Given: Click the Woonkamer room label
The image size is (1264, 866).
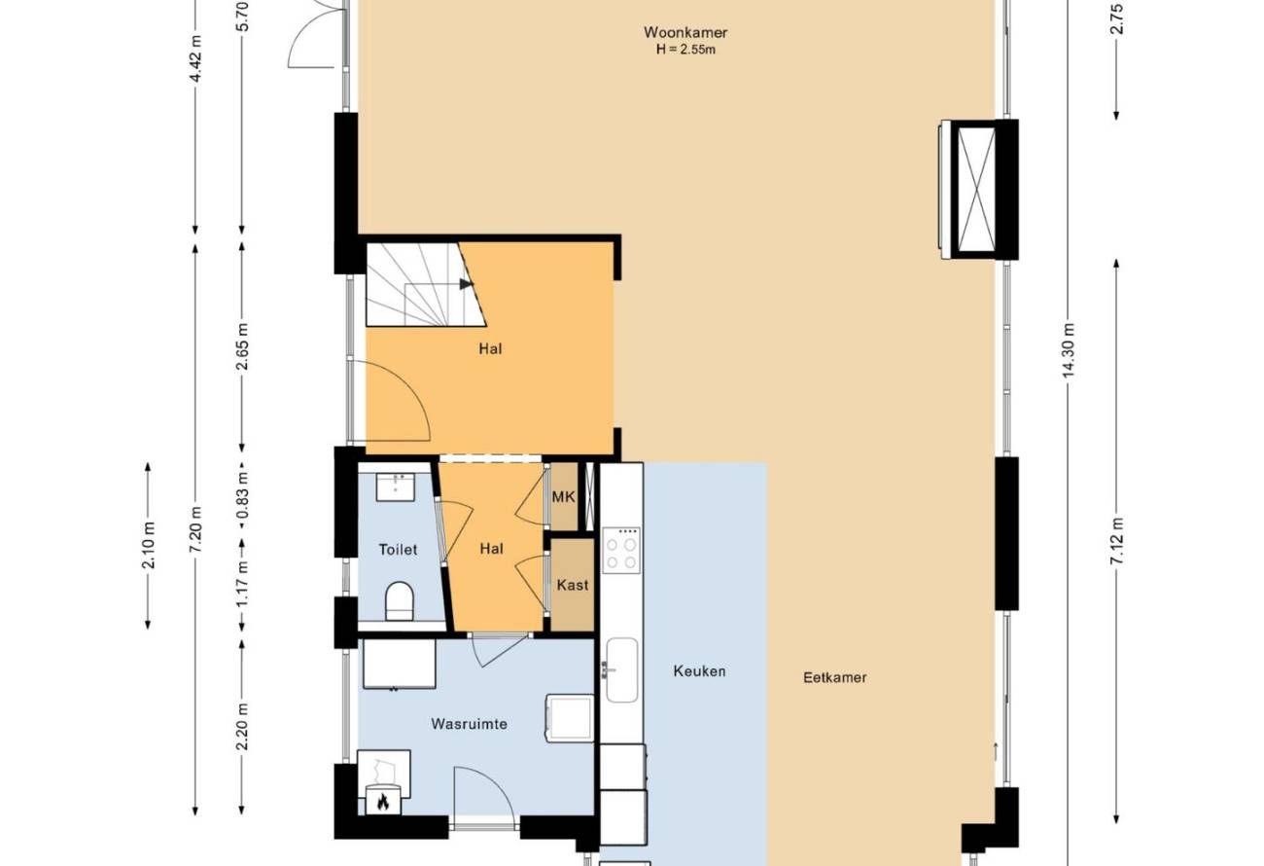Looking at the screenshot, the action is tap(685, 32).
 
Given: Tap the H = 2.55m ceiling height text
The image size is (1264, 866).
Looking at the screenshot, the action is tap(685, 50).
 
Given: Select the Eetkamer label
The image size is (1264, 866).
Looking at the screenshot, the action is tap(834, 677).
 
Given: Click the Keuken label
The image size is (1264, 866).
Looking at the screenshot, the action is tap(699, 671).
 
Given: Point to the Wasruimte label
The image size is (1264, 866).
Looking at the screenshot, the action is tap(469, 724).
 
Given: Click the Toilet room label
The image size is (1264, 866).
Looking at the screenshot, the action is tap(398, 550).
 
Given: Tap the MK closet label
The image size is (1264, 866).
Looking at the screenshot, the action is tap(563, 497).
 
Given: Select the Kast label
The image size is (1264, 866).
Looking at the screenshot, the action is tap(572, 585).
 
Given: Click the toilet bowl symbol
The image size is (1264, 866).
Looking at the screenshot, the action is tap(400, 601).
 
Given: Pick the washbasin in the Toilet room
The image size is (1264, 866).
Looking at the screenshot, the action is tap(396, 487).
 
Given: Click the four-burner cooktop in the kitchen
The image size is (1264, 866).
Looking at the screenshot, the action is tap(621, 550).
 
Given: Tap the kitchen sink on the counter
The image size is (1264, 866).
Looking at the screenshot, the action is tap(621, 670).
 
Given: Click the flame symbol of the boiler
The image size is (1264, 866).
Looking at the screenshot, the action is tap(383, 801).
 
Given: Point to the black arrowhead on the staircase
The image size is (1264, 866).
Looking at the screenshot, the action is tap(466, 284).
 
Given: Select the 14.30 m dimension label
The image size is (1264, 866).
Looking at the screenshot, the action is tap(1068, 349).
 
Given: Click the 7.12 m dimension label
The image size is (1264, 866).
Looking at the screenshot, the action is tap(1116, 540).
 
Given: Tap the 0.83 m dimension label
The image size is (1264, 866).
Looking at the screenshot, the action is tap(242, 495).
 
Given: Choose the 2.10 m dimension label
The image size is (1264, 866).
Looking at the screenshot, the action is tap(148, 545).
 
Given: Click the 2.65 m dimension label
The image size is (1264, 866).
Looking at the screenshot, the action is tap(242, 346).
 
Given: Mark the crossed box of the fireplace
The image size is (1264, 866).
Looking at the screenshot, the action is tap(977, 189).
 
